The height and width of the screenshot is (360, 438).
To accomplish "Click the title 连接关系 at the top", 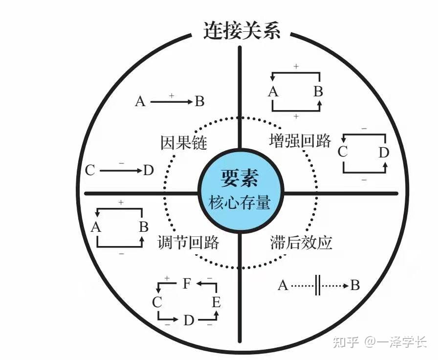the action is [242, 30].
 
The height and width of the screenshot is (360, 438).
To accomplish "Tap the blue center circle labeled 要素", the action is [241, 191].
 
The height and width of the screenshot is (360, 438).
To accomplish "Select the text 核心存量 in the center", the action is [240, 202].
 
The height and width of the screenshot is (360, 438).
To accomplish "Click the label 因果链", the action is [184, 142].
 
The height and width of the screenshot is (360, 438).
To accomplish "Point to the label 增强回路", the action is [300, 140].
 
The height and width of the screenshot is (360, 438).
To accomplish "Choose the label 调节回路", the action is [188, 242].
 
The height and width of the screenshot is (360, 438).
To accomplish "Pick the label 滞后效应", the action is [301, 242].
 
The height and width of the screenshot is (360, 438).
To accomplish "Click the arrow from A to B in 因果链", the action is [172, 102].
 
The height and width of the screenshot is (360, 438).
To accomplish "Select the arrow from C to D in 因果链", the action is [121, 171].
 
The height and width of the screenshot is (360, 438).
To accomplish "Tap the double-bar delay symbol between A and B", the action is [317, 285].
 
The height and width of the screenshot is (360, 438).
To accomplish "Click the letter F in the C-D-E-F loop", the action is [187, 283].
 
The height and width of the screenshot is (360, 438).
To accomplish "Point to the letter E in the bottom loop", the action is [217, 302].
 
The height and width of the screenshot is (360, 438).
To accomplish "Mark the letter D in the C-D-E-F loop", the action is [189, 320].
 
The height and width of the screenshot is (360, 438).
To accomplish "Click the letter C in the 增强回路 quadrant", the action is [343, 152].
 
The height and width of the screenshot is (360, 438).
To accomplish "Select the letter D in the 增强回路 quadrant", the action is [384, 153].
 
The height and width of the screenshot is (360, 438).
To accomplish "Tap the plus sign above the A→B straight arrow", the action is [172, 95].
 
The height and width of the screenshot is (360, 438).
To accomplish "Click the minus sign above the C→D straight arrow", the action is [121, 163].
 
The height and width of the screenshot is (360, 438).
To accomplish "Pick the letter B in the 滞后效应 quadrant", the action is [355, 285].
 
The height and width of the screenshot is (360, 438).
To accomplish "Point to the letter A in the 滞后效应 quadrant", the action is [283, 285].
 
